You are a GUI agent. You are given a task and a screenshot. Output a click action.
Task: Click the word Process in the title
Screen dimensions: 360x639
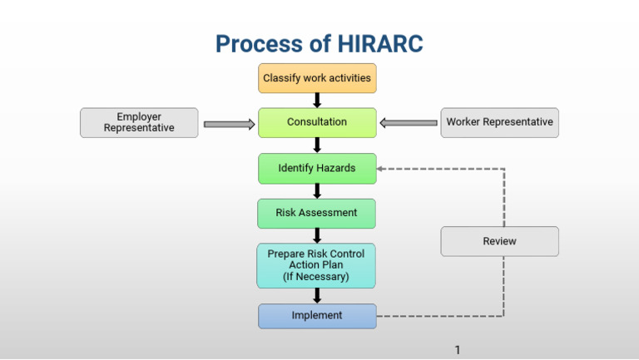(x=253, y=43)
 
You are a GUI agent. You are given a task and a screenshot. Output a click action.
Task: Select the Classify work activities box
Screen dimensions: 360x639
(x=317, y=78)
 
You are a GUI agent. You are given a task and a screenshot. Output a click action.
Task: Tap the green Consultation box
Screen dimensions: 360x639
(x=317, y=122)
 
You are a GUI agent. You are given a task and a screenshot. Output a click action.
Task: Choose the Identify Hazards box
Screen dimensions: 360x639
(x=317, y=168)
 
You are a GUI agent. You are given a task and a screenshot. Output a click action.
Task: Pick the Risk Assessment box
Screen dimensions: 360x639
(x=317, y=213)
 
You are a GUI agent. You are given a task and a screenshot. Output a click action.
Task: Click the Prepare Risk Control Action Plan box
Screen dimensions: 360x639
(x=316, y=265)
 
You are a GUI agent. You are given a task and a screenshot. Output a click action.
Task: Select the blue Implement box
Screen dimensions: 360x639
(x=317, y=316)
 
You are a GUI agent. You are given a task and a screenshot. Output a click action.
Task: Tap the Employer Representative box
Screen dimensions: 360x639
(x=139, y=122)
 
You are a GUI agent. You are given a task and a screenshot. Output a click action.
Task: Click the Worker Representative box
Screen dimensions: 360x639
(x=499, y=122)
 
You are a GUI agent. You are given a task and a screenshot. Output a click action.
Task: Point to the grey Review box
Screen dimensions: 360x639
(x=499, y=241)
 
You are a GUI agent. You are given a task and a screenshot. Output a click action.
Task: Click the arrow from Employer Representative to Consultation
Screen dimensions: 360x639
(x=229, y=124)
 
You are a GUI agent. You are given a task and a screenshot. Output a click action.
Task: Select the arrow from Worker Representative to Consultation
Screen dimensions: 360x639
(x=409, y=123)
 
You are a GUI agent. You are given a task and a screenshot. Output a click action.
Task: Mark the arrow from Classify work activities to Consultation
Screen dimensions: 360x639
(x=317, y=101)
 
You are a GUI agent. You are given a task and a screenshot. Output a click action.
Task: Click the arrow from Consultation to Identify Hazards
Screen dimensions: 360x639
(x=317, y=145)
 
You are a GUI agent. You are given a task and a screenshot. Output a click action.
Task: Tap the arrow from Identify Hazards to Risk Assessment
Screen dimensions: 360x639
(x=317, y=190)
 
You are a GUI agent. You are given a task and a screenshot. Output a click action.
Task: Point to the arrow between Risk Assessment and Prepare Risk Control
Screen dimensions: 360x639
(x=317, y=235)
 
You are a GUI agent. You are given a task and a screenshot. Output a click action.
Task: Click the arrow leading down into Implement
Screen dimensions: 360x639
(x=317, y=295)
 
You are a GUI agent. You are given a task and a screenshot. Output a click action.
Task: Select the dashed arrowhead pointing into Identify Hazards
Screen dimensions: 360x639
(x=381, y=169)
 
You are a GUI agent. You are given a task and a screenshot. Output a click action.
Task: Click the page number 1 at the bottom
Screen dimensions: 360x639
(x=458, y=349)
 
